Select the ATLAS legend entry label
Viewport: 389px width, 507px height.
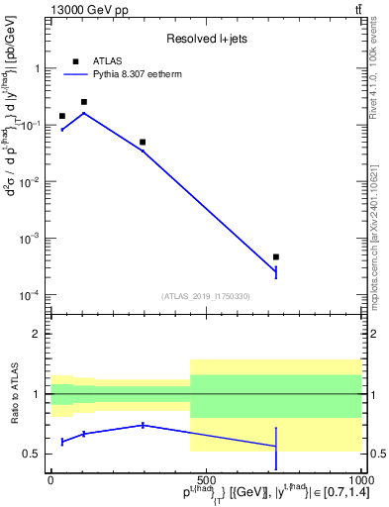[x=107, y=60]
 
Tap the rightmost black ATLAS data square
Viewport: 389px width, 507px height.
[x=276, y=257]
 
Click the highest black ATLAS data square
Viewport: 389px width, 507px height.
[x=84, y=102]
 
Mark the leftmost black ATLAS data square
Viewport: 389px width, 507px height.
[x=62, y=116]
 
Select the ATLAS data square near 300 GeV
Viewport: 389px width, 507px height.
[x=143, y=143]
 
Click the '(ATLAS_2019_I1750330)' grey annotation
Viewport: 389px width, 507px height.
[x=205, y=296]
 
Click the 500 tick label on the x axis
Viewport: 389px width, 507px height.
[x=205, y=479]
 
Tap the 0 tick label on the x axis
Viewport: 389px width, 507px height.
[x=50, y=479]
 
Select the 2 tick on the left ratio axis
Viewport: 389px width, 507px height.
[x=38, y=334]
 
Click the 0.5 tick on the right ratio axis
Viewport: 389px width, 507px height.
[x=376, y=455]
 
